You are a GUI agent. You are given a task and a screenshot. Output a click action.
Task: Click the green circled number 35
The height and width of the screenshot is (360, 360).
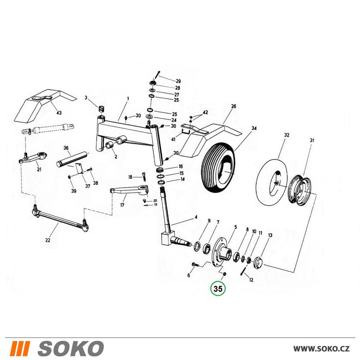pyautogui.click(x=218, y=289)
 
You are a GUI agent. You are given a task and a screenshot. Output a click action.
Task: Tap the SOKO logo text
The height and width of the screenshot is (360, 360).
pyautogui.click(x=71, y=348)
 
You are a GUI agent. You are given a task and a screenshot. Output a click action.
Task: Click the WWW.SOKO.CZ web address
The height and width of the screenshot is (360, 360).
pyautogui.click(x=321, y=348)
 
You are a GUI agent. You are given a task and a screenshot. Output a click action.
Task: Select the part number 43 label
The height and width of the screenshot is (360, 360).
pyautogui.click(x=59, y=113)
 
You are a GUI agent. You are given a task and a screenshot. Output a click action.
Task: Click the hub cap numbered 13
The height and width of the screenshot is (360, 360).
pyautogui.click(x=259, y=263)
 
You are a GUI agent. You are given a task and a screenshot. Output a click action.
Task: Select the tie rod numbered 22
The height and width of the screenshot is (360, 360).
pyautogui.click(x=60, y=218)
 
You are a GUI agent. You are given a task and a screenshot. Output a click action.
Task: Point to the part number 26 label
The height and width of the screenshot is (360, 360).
pyautogui.click(x=234, y=106)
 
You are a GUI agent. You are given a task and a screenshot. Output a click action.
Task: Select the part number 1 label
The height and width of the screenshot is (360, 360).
pyautogui.click(x=128, y=99)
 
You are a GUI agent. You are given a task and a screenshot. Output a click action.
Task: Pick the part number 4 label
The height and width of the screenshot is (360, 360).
pyautogui.click(x=196, y=217)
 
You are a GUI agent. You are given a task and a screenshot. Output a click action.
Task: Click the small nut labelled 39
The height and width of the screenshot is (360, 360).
pyautogui.click(x=69, y=177)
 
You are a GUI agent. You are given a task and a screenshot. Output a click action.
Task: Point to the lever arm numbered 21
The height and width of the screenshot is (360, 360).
pyautogui.click(x=33, y=157)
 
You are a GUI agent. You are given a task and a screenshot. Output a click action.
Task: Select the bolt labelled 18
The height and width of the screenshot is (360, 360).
pyautogui.click(x=144, y=176)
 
